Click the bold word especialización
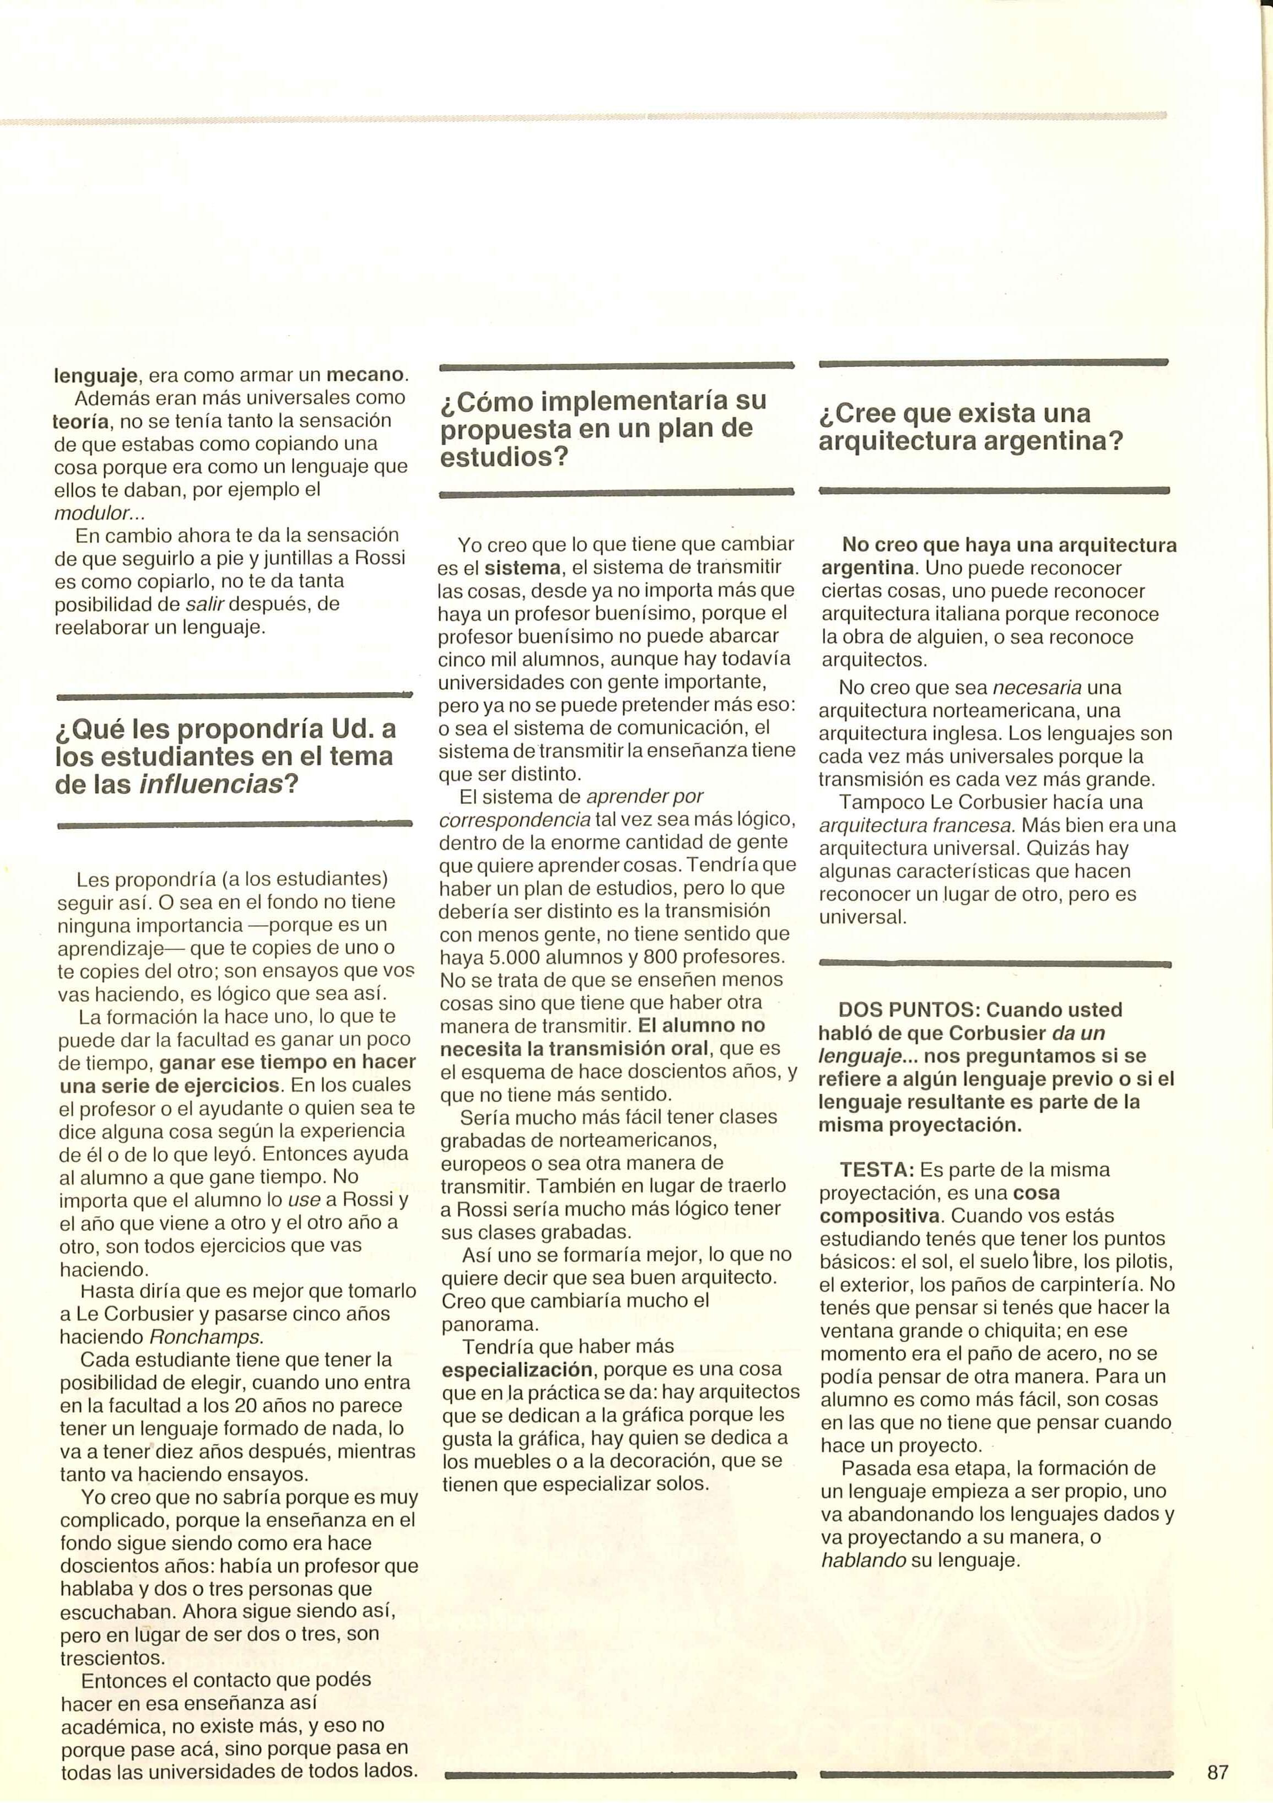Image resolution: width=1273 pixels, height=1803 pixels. point(517,1369)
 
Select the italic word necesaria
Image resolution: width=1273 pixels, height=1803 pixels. point(1037,688)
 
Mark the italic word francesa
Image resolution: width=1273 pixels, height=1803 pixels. point(974,825)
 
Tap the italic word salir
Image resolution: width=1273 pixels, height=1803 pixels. point(200,604)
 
